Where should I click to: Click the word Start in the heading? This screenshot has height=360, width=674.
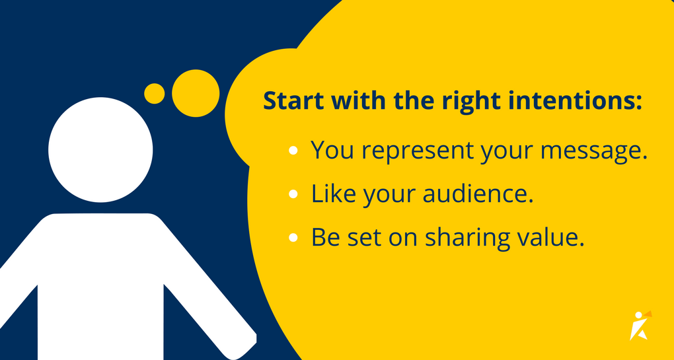point(293,102)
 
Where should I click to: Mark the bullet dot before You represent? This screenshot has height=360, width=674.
point(293,151)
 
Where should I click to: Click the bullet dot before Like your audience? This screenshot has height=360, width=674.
point(293,195)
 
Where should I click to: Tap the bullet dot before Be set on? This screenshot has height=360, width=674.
point(293,238)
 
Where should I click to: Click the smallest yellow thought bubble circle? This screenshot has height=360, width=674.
point(154,94)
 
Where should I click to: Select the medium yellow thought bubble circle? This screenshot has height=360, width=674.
point(195,94)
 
